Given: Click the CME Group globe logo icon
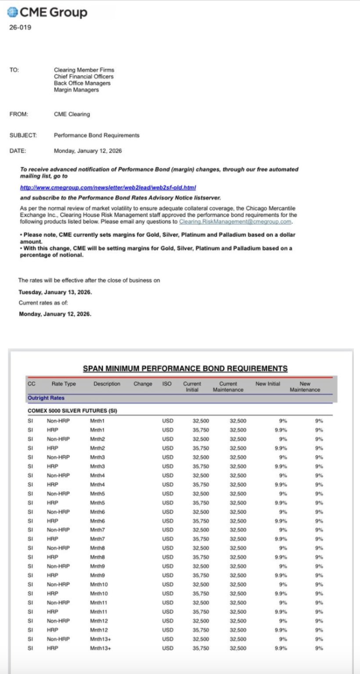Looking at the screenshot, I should [13, 12].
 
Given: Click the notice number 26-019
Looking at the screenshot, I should [20, 27].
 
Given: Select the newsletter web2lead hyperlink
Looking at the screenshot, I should [108, 187].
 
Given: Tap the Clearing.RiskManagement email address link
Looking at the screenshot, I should [235, 222].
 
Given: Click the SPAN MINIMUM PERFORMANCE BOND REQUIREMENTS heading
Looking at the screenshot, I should [185, 369].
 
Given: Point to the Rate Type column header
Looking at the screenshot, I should [64, 384].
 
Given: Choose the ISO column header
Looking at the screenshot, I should [167, 384].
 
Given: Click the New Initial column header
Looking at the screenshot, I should [267, 384].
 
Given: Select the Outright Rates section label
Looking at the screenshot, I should [46, 398].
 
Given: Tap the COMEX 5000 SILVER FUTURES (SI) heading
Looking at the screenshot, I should [72, 411].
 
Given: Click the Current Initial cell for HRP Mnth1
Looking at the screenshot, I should [201, 430].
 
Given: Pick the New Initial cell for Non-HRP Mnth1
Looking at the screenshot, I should [283, 421].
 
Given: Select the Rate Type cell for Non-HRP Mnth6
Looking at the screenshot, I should [58, 512].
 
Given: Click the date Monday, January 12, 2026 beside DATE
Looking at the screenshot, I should [88, 151].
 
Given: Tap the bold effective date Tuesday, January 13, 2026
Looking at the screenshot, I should [55, 292].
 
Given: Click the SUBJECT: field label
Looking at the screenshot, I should [23, 136].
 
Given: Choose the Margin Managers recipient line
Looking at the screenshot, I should [76, 90].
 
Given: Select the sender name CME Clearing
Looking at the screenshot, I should [72, 114].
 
